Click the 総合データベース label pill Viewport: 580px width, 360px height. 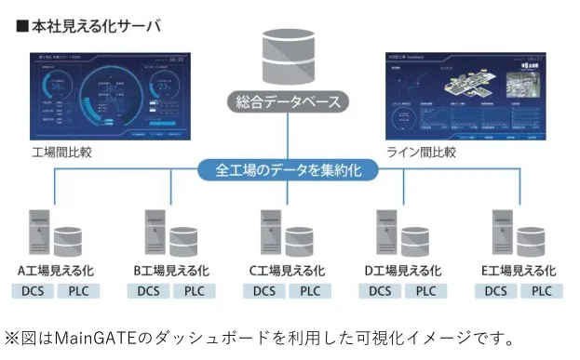click(289, 101)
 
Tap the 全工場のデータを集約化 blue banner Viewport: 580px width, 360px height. click(289, 170)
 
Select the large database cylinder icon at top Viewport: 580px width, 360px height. click(289, 55)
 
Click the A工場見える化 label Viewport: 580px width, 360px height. click(56, 271)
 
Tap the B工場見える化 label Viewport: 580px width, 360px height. click(171, 271)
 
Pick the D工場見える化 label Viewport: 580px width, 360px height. click(403, 271)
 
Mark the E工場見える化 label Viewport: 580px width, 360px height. click(519, 271)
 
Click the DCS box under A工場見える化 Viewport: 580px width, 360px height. click(33, 291)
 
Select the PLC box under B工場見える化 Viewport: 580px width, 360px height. click(195, 291)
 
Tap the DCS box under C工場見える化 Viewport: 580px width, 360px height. click(264, 291)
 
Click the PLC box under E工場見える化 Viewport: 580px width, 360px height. click(542, 291)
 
